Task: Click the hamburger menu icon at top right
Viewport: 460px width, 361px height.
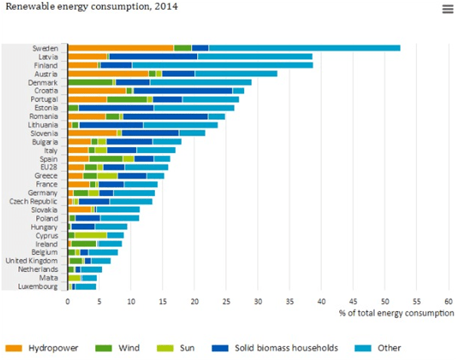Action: point(447,9)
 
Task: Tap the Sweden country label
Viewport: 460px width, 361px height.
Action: point(48,48)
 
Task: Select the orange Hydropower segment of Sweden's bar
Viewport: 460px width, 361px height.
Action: point(120,48)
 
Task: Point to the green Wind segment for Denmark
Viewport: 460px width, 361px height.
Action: point(90,81)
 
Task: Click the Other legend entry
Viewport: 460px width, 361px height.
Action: point(382,348)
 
